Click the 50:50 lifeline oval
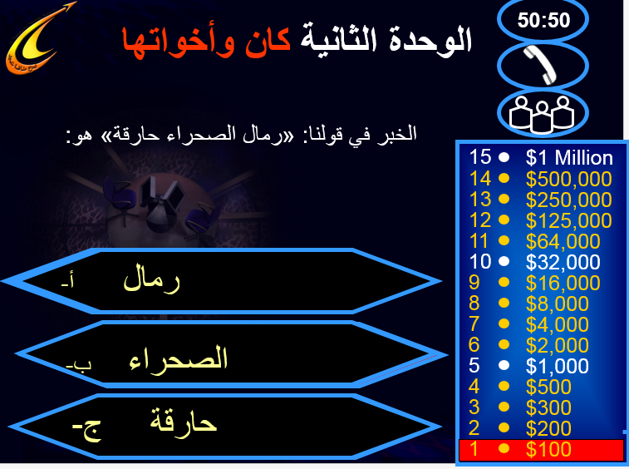(543, 20)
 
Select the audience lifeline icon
(542, 114)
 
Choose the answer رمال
(151, 279)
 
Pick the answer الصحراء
(178, 358)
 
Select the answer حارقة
(184, 420)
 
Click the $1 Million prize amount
(569, 158)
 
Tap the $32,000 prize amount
(563, 262)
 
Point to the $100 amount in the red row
(548, 449)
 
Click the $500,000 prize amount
(568, 179)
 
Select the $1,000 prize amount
(557, 366)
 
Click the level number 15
(479, 157)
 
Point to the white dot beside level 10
(504, 262)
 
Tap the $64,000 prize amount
(563, 241)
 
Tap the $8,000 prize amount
(557, 304)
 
